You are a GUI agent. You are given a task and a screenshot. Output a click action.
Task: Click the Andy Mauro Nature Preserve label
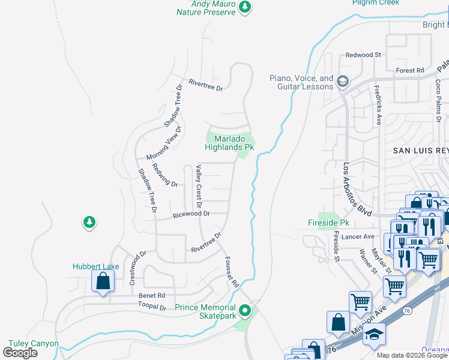pyautogui.click(x=205, y=7)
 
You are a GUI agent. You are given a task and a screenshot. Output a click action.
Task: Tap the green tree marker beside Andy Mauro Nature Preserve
pyautogui.click(x=245, y=7)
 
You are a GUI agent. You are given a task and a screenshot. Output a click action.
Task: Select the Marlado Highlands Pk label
pyautogui.click(x=230, y=143)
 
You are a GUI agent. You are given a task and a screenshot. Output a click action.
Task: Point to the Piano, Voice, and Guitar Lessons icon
pyautogui.click(x=343, y=81)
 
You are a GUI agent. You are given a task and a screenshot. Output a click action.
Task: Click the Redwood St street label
pyautogui.click(x=363, y=55)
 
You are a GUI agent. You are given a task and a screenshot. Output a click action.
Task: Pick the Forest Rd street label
pyautogui.click(x=410, y=70)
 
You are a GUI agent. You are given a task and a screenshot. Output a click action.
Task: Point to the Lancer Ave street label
pyautogui.click(x=359, y=237)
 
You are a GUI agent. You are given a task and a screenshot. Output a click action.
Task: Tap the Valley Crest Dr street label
pyautogui.click(x=197, y=183)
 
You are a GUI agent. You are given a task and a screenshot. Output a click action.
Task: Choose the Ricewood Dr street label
pyautogui.click(x=191, y=214)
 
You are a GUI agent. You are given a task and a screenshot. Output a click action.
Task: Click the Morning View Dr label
pyautogui.click(x=163, y=144)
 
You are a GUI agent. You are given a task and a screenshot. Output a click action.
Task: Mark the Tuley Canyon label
pyautogui.click(x=34, y=344)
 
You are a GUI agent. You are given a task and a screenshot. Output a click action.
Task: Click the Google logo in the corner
pyautogui.click(x=20, y=353)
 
